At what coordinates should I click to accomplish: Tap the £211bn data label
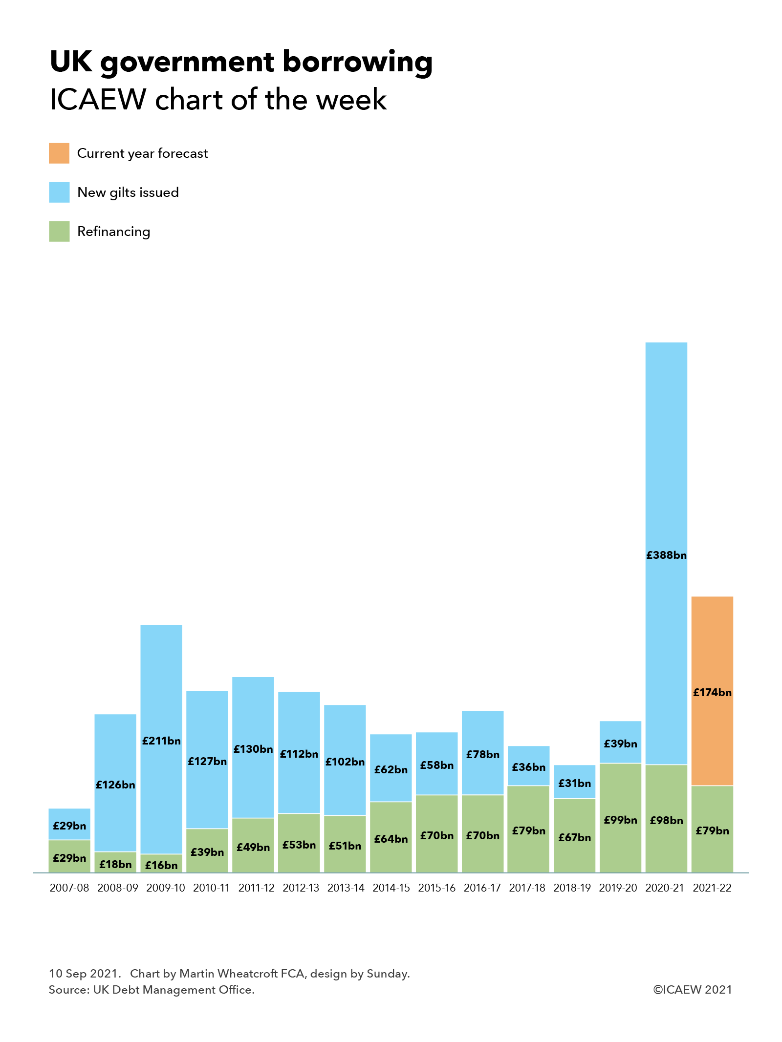pyautogui.click(x=161, y=741)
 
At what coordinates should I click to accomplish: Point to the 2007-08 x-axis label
pyautogui.click(x=69, y=888)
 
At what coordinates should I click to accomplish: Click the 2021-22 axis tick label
pyautogui.click(x=712, y=888)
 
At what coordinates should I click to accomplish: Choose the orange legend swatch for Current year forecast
pyautogui.click(x=59, y=153)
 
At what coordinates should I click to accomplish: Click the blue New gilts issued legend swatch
pyautogui.click(x=59, y=192)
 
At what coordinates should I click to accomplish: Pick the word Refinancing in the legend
pyautogui.click(x=113, y=231)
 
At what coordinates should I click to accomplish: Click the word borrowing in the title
pyautogui.click(x=358, y=63)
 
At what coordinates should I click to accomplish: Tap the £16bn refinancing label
pyautogui.click(x=161, y=865)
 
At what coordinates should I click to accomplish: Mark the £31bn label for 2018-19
pyautogui.click(x=575, y=783)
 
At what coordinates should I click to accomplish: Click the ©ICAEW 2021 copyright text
pyautogui.click(x=692, y=989)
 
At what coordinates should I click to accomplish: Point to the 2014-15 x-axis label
pyautogui.click(x=391, y=888)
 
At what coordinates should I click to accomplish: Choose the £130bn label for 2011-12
pyautogui.click(x=253, y=749)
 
